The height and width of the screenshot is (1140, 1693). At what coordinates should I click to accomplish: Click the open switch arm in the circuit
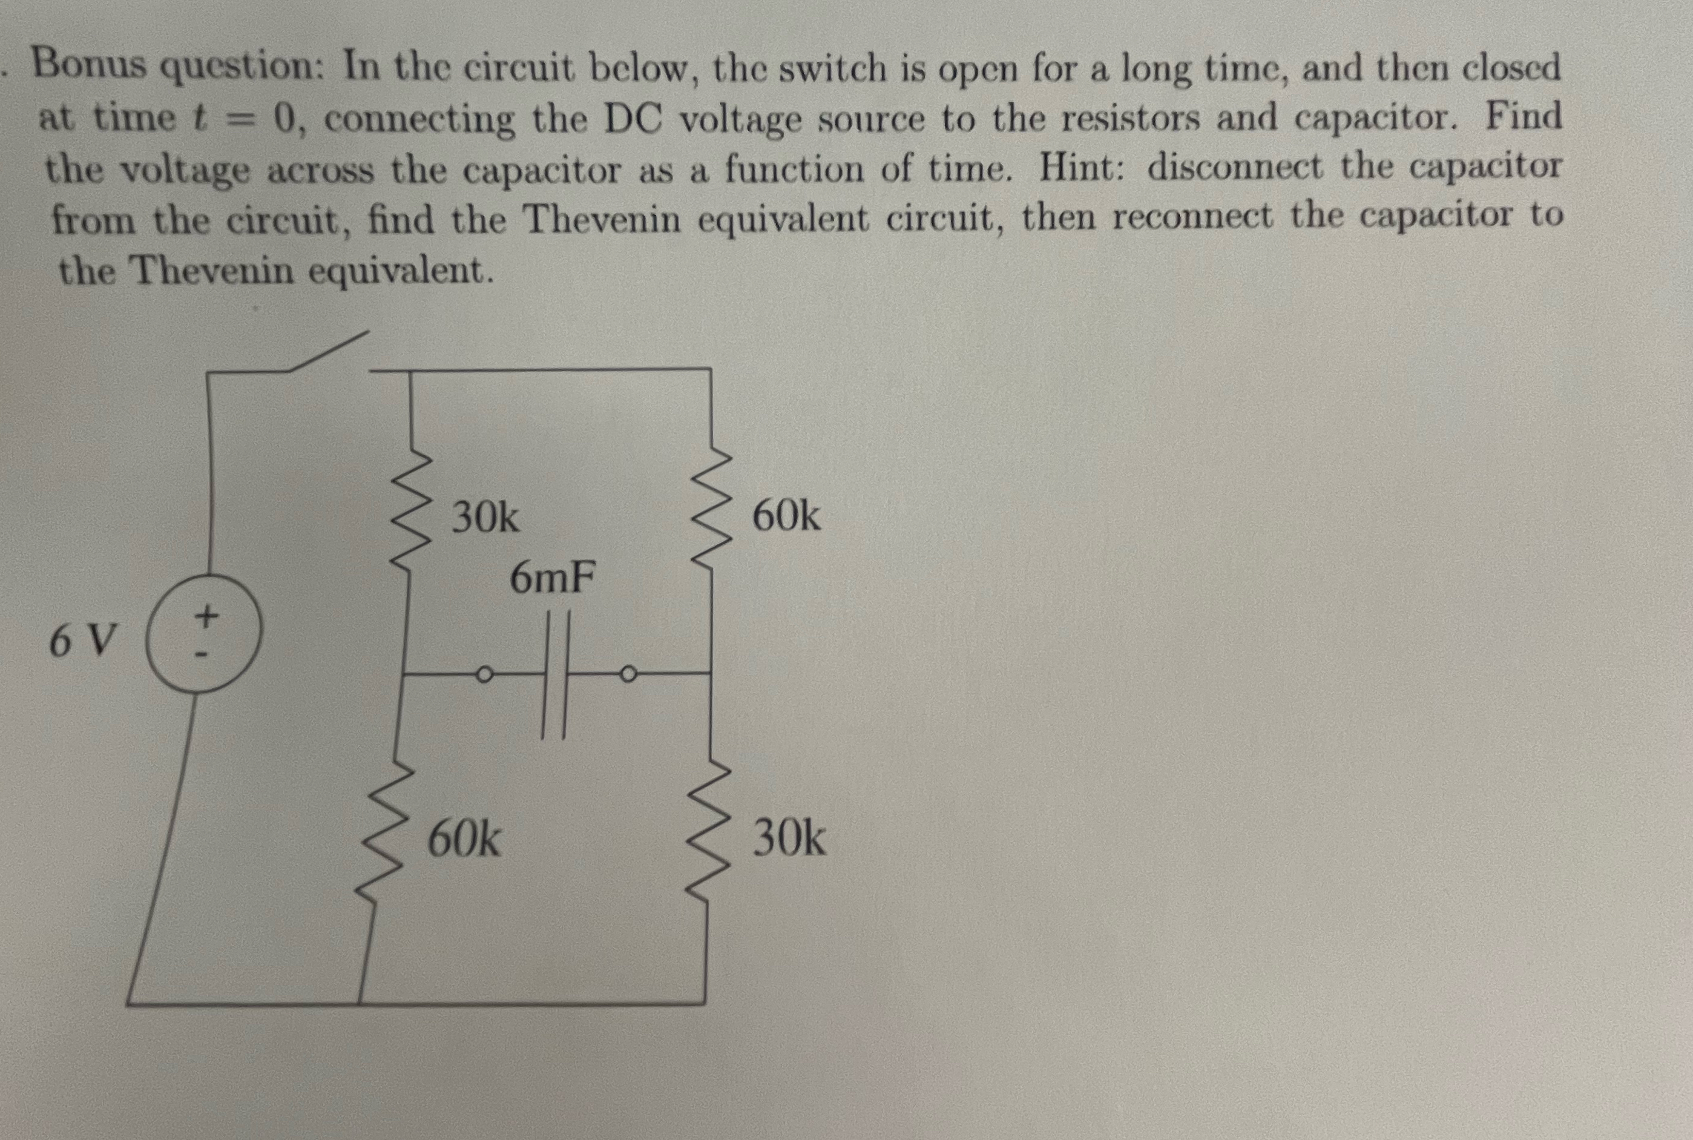coord(329,351)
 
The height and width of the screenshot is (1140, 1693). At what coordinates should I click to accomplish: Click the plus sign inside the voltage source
coord(206,616)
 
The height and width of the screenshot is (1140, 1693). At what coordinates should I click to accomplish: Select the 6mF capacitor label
coord(552,579)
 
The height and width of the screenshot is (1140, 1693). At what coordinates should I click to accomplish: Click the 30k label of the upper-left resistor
coord(485,518)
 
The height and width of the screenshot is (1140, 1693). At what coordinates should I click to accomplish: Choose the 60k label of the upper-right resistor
coord(786,517)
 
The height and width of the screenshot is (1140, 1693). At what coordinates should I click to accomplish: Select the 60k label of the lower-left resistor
coord(463,840)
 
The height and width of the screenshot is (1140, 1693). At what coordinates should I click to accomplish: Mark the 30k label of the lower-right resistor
coord(789,839)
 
